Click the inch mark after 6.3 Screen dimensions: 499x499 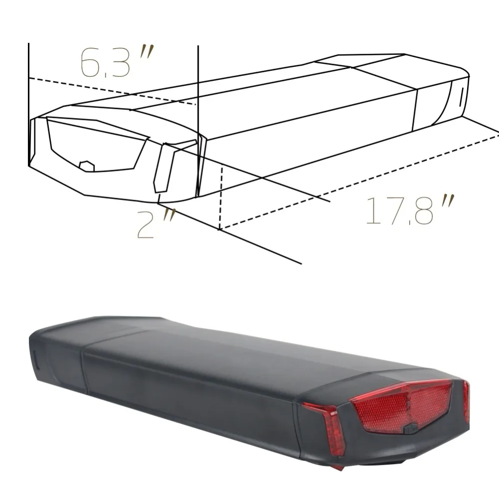[x=146, y=53]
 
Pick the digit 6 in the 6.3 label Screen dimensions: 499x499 [x=90, y=63]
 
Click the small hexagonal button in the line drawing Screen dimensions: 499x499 [x=87, y=166]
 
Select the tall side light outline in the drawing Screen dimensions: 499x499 [x=164, y=167]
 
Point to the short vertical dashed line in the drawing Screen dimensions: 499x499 [x=220, y=197]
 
